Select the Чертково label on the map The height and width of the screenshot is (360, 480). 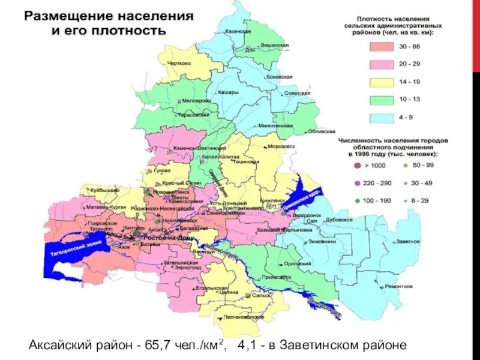(x=178, y=62)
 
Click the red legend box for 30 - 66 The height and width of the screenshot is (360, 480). (x=381, y=46)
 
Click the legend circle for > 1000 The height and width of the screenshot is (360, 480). (x=358, y=165)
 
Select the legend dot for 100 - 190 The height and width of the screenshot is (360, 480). (x=358, y=199)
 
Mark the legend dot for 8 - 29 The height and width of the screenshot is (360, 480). (x=406, y=199)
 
